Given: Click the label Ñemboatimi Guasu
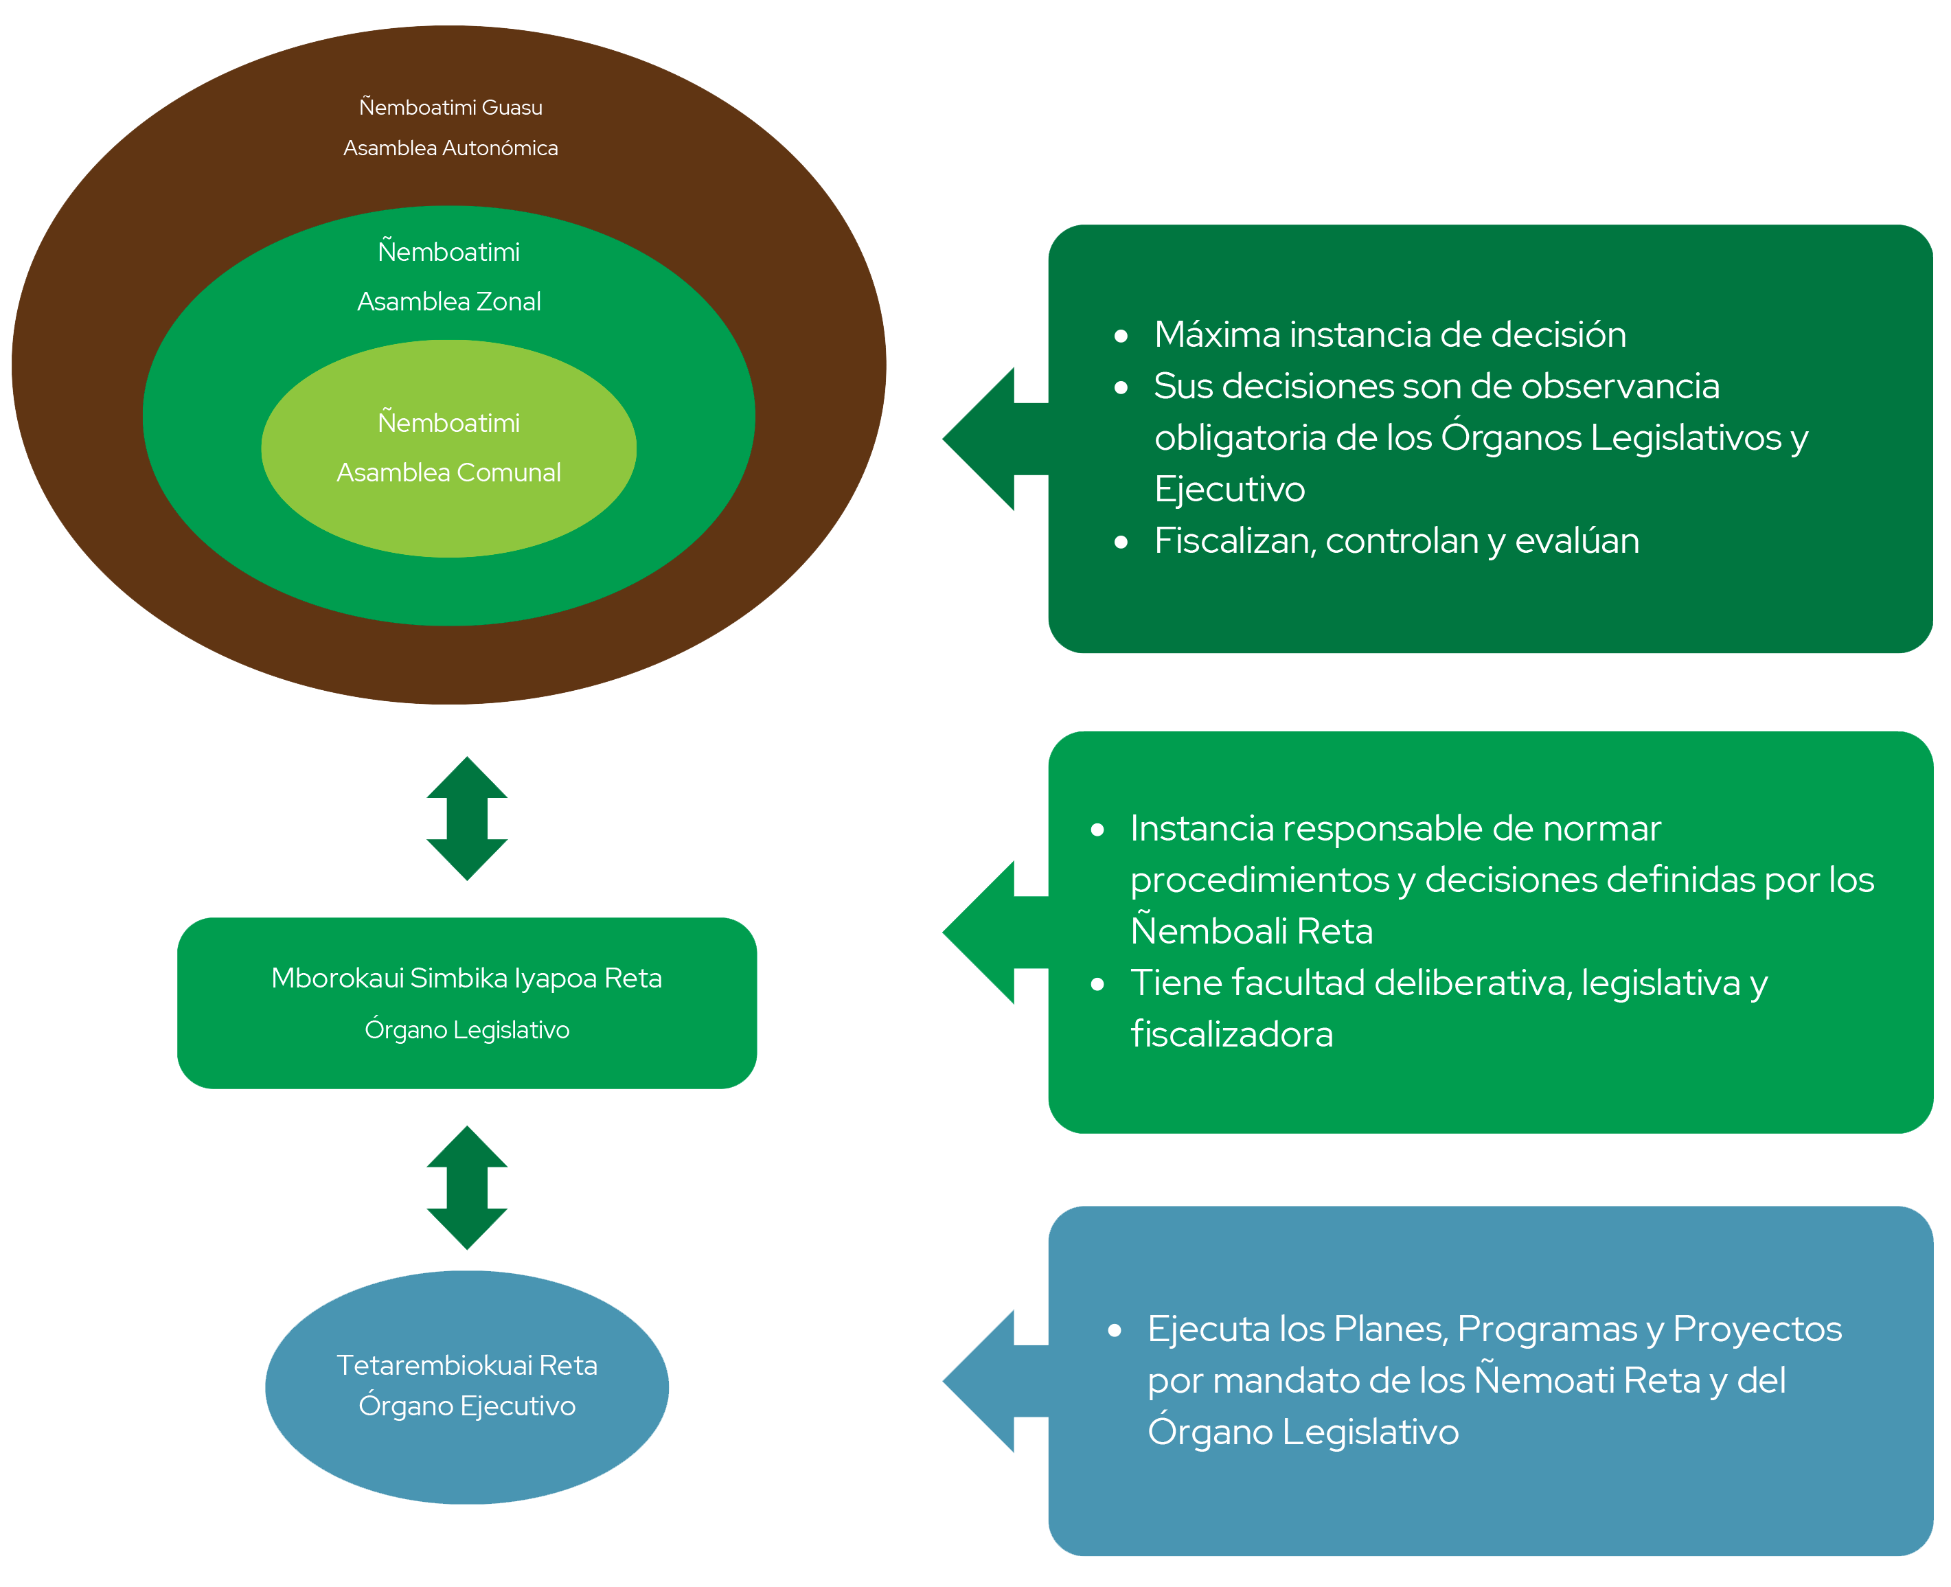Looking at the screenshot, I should (450, 108).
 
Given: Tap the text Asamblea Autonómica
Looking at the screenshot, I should (450, 148).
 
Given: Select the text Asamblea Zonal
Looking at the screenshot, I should (449, 301).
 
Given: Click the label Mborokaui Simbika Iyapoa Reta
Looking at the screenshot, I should (466, 978).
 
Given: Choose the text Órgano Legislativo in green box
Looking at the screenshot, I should (466, 1030).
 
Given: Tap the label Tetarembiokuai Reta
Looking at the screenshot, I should (466, 1365).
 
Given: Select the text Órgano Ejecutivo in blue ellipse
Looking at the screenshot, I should (466, 1406).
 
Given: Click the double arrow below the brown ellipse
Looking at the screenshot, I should (466, 818).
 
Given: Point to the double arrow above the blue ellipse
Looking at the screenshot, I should (466, 1187).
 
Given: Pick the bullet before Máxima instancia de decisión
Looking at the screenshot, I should (1121, 336).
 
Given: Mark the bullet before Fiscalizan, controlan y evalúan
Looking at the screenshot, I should (1121, 542).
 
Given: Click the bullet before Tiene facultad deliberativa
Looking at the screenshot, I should (1097, 985).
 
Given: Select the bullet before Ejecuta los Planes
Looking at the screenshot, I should (1114, 1331).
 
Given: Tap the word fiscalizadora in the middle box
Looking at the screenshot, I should (1231, 1035).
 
